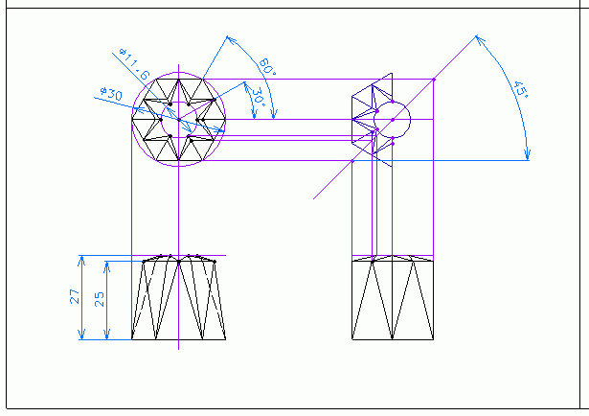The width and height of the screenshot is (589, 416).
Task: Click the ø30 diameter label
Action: (x=111, y=93)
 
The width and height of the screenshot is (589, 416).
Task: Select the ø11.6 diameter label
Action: (x=134, y=64)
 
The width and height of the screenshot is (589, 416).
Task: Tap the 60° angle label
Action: (x=267, y=66)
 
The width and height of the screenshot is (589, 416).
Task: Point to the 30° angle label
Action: (x=258, y=97)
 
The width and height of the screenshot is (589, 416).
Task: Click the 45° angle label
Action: (x=521, y=89)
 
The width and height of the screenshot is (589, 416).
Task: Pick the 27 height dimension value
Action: (x=75, y=296)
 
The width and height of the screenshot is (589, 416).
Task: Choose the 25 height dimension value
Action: (x=100, y=299)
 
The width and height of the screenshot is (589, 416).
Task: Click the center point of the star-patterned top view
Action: (x=179, y=120)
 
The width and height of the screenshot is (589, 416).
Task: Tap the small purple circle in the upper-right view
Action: (x=392, y=120)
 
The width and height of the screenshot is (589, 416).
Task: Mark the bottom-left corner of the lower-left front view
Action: (x=132, y=339)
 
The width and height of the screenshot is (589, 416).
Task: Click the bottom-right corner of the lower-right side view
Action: (x=434, y=339)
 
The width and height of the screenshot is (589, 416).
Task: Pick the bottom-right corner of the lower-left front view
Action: (x=226, y=339)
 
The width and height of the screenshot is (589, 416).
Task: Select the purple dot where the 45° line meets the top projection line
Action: (x=434, y=80)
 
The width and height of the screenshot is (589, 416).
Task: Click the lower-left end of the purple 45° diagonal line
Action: (x=313, y=199)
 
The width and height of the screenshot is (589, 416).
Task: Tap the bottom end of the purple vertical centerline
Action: (x=178, y=350)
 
